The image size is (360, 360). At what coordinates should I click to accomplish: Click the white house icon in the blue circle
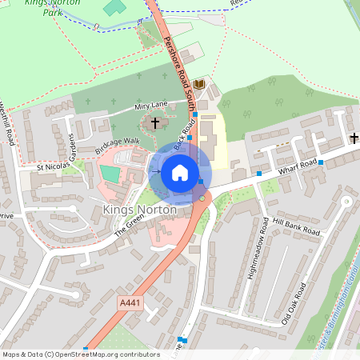click(x=180, y=173)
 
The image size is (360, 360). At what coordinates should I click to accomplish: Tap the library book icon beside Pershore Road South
click(x=199, y=84)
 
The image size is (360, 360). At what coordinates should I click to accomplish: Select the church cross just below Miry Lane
click(x=155, y=123)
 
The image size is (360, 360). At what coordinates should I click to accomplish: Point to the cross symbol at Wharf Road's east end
click(x=354, y=138)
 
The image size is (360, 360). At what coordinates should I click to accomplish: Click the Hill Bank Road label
click(x=295, y=226)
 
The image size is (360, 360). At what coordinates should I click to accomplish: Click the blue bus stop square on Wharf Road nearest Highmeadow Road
click(x=259, y=173)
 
